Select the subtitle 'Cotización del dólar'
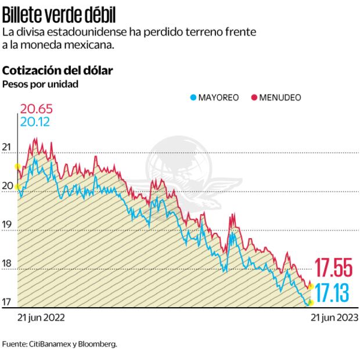coord(57,70)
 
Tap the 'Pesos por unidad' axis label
coord(40,84)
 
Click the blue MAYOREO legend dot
coord(194,98)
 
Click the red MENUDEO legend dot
coord(254,98)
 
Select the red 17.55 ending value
coord(334,267)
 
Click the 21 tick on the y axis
coord(7,147)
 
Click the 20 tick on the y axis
coord(7,186)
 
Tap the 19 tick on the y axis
coord(7,225)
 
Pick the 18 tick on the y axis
coord(7,264)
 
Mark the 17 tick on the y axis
coord(7,302)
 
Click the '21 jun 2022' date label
coord(41,318)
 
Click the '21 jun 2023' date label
coord(334,318)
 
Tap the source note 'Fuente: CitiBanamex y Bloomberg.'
coord(60,344)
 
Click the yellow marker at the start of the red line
coord(17,166)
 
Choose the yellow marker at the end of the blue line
coord(311,303)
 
